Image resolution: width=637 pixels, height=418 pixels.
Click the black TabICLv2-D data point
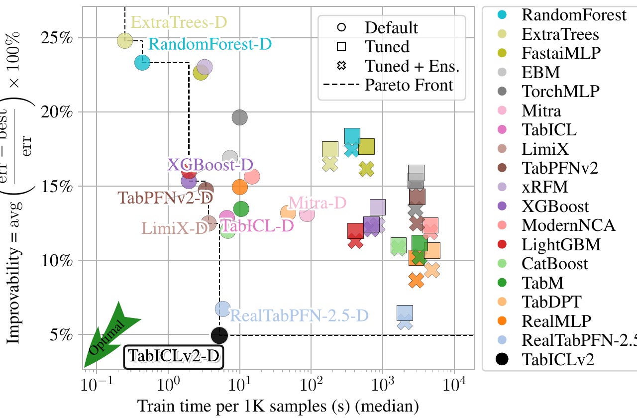(219, 335)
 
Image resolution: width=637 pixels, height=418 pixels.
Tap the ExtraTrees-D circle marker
(125, 40)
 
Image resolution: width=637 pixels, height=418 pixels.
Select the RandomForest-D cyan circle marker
(142, 62)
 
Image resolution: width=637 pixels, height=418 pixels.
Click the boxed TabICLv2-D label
(174, 356)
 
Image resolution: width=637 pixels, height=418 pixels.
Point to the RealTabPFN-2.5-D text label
(300, 315)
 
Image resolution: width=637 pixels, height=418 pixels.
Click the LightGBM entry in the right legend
(561, 244)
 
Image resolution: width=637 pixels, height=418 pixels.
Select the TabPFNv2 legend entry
(560, 168)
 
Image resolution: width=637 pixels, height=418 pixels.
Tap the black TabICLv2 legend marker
(502, 359)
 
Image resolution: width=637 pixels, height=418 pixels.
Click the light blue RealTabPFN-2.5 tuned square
(405, 313)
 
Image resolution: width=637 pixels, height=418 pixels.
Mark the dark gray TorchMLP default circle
(239, 117)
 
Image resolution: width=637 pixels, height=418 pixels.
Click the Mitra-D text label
(317, 203)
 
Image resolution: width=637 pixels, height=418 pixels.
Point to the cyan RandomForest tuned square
(352, 135)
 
